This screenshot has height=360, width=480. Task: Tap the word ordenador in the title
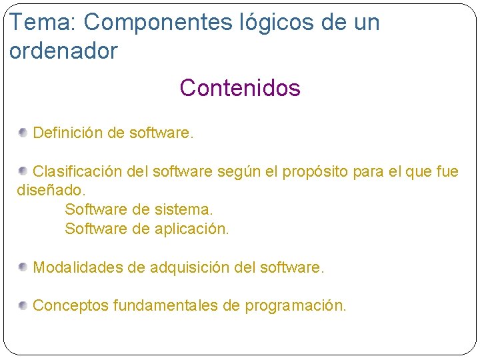[x=64, y=51]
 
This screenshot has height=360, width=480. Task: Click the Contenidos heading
[x=240, y=88]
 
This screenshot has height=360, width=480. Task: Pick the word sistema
[x=183, y=210]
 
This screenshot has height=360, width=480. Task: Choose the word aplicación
[x=192, y=229]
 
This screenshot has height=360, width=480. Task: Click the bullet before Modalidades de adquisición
[x=23, y=267]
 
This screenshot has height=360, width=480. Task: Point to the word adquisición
[x=190, y=268]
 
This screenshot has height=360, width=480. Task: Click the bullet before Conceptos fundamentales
[x=23, y=305]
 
